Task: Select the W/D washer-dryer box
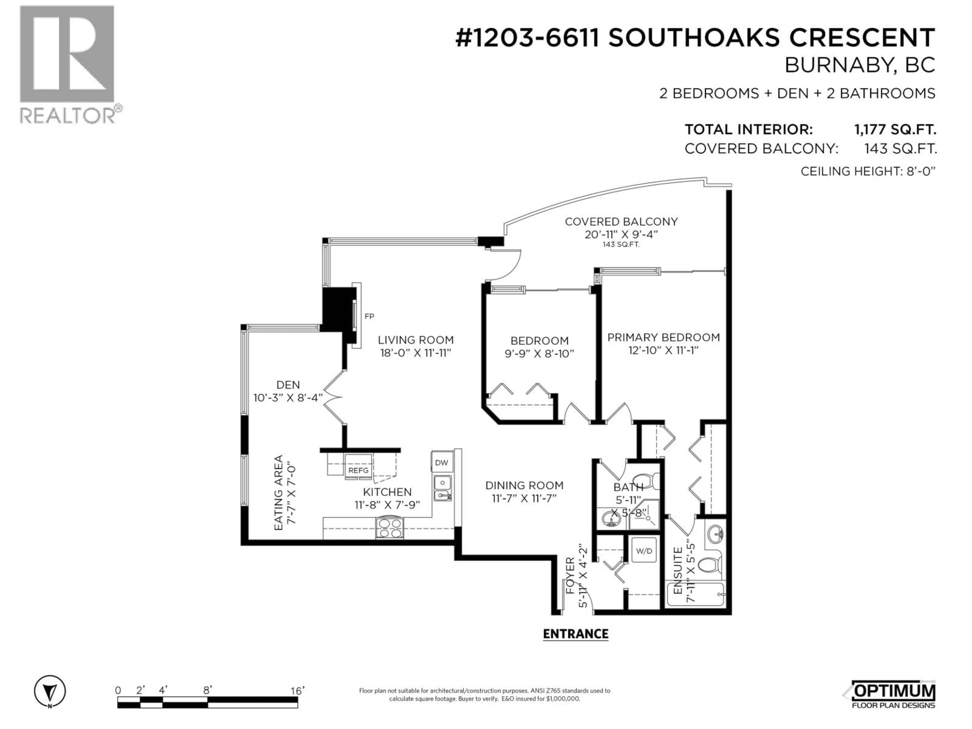click(x=644, y=551)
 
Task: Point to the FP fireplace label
click(x=369, y=316)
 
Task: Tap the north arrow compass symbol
click(x=50, y=692)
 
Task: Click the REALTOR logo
click(x=68, y=64)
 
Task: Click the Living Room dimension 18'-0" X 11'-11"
click(x=416, y=353)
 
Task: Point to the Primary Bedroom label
click(x=663, y=337)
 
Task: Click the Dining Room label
click(x=524, y=485)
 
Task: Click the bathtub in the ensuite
click(x=695, y=594)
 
